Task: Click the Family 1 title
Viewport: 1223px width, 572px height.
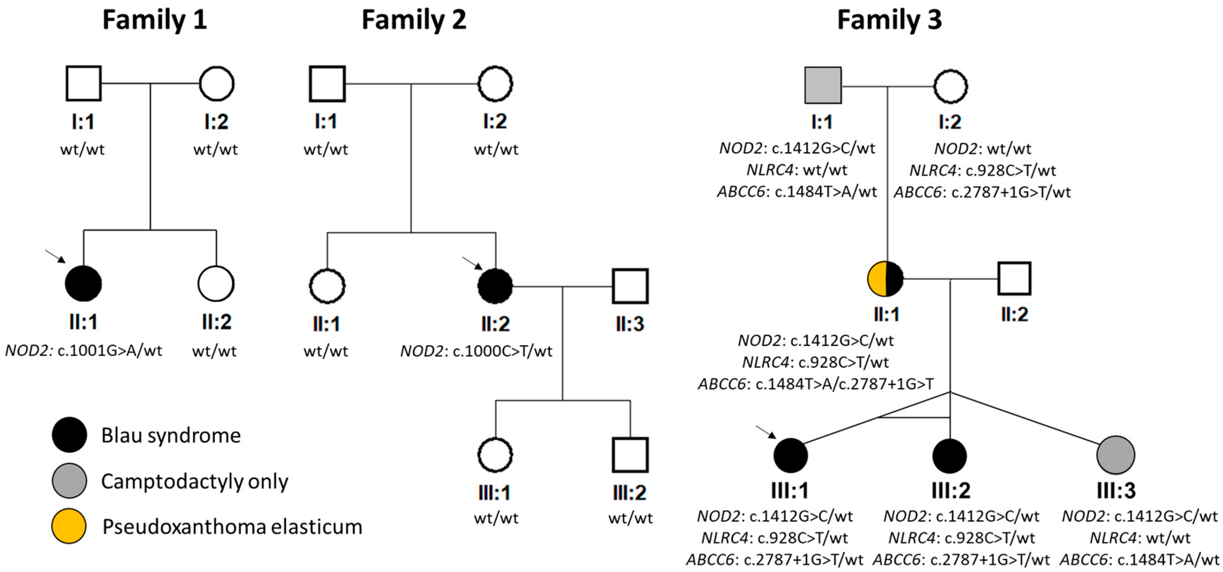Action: coord(154,20)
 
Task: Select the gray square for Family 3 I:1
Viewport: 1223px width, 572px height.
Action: coord(823,86)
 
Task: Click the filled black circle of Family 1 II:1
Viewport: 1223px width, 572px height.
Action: coord(83,284)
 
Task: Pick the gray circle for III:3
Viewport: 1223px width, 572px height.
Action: coord(1116,455)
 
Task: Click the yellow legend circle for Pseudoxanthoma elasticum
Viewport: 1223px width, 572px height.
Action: coord(69,526)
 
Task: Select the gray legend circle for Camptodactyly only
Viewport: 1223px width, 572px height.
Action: coord(69,481)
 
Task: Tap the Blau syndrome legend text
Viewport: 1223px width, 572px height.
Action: coord(171,435)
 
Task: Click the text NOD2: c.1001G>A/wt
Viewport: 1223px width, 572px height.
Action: coord(84,351)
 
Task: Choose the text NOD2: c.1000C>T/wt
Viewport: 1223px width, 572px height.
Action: coord(476,351)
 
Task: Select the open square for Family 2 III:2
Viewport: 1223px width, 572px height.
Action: coord(630,455)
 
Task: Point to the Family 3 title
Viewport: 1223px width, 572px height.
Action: coord(889,20)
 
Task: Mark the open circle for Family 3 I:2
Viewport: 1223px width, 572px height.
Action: coord(950,87)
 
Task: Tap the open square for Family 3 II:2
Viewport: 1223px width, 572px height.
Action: coord(1014,278)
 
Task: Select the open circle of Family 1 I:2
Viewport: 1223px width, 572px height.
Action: coord(216,84)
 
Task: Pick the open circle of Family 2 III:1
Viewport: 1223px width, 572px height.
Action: coord(495,455)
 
